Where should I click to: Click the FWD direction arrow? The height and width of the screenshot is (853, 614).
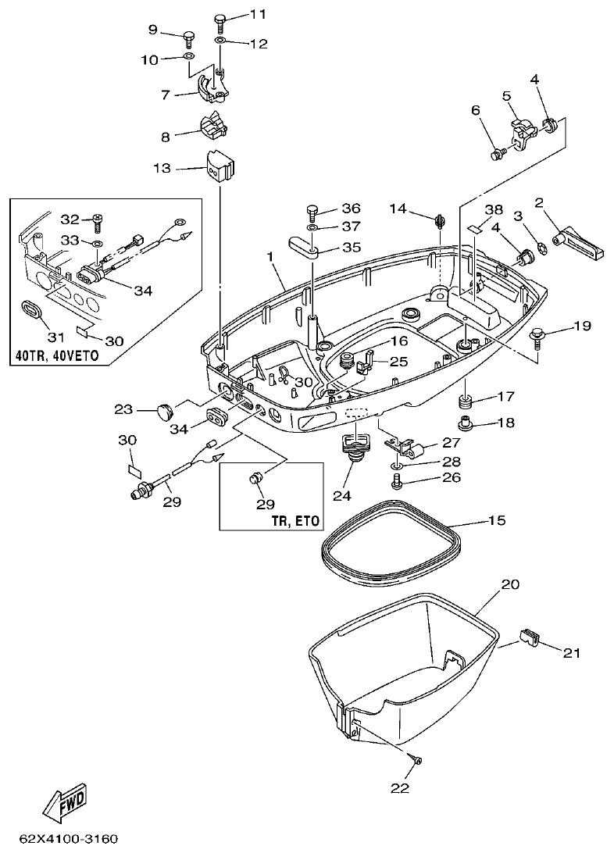(x=65, y=804)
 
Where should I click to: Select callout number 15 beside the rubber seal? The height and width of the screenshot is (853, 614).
(x=497, y=519)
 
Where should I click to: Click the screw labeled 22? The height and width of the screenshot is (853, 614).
(x=414, y=759)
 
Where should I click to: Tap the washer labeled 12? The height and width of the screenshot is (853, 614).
(x=220, y=40)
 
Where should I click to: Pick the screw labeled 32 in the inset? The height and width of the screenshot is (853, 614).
(x=98, y=223)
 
